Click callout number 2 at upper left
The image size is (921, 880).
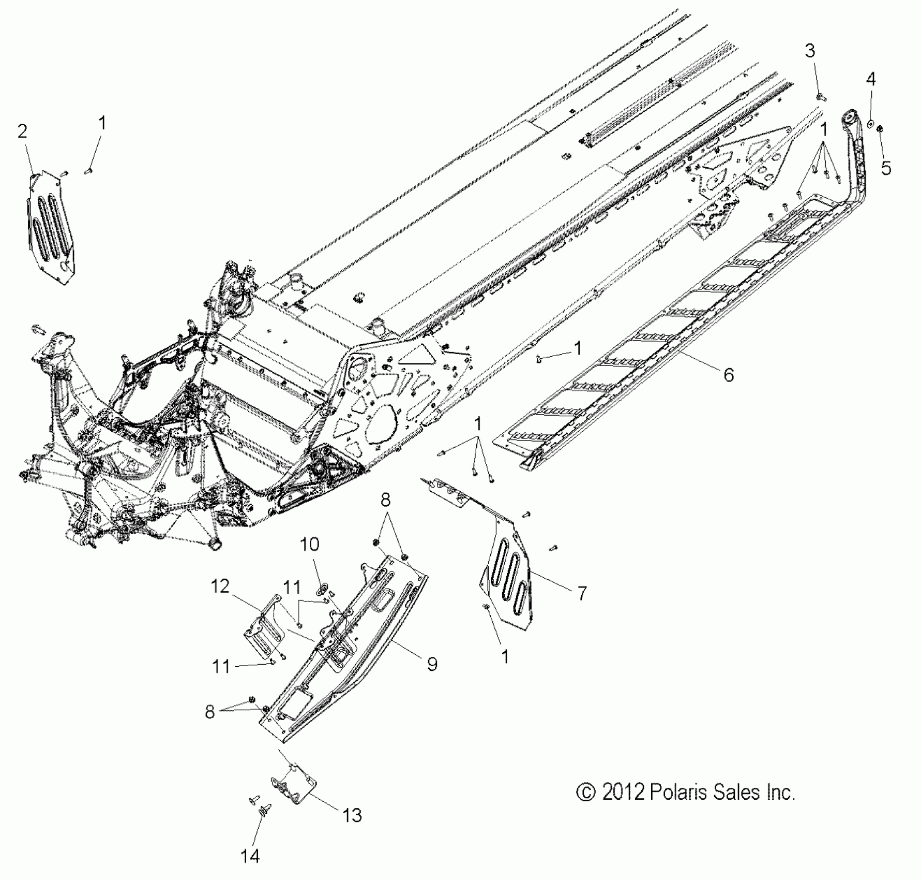coord(22,131)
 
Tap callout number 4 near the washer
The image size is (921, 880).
coord(871,79)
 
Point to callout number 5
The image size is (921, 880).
coord(886,168)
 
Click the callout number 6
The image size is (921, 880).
coord(729,374)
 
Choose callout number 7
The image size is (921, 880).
coord(582,593)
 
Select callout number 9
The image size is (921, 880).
coord(432,664)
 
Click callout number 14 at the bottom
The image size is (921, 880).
coord(250,856)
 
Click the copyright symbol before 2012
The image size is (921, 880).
coord(586,793)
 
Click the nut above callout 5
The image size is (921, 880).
coord(881,129)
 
